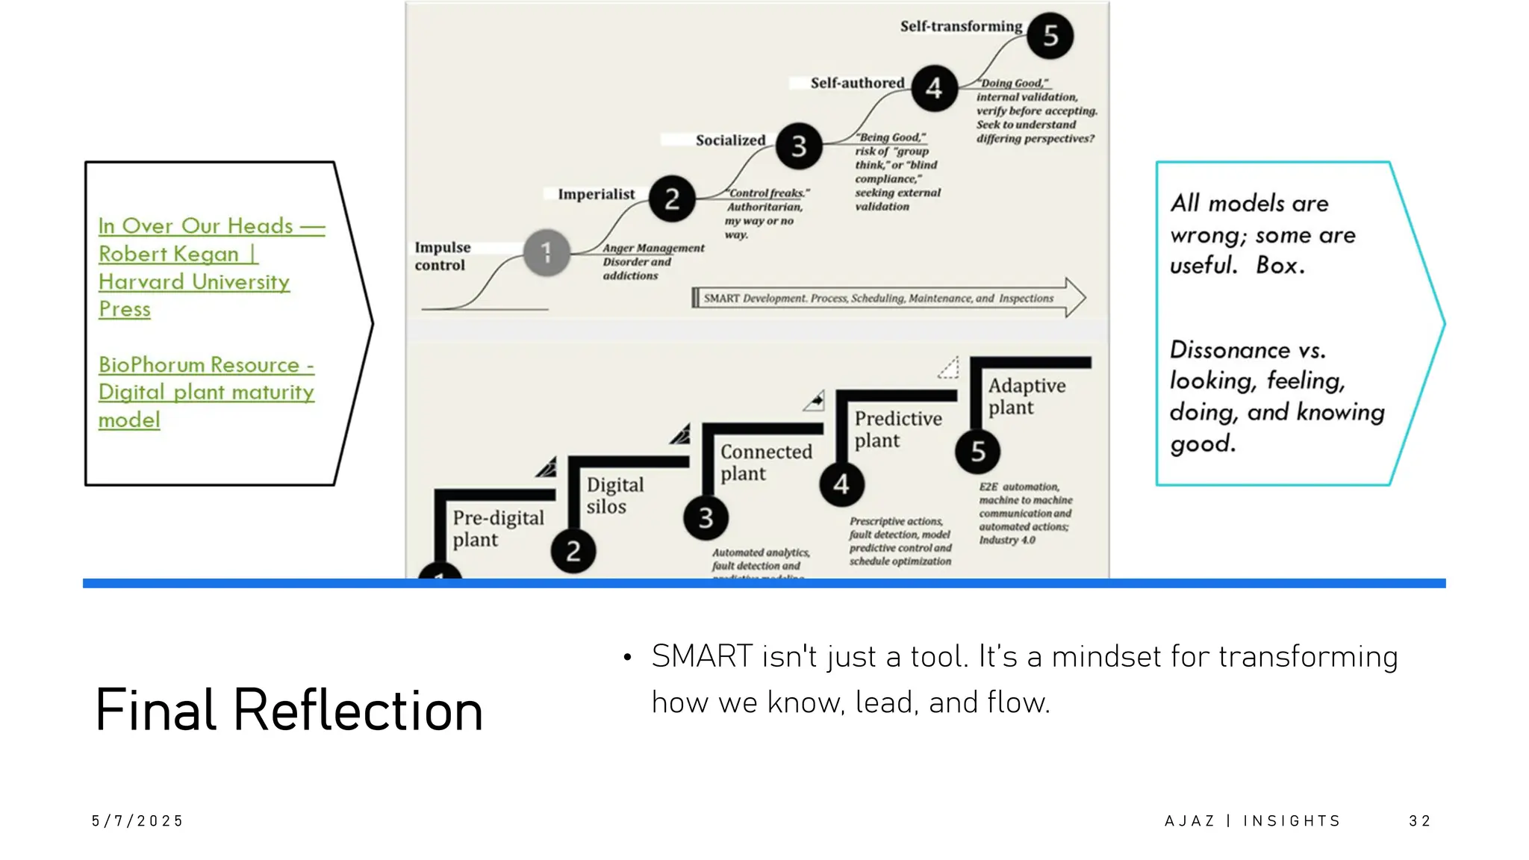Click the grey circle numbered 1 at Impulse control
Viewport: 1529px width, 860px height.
[x=546, y=252]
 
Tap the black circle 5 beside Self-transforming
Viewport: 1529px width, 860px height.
[x=1050, y=35]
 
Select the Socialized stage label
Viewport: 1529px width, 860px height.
[x=730, y=140]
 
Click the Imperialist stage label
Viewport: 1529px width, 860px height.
[x=596, y=194]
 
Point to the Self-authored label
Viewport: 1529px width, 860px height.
[x=857, y=83]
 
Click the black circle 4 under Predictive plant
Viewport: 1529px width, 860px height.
[x=841, y=484]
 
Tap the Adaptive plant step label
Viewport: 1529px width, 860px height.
[x=1026, y=396]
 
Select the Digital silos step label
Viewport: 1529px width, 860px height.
[x=614, y=495]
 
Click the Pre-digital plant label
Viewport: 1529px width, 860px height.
[x=497, y=528]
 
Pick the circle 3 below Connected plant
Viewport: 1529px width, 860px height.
[x=706, y=517]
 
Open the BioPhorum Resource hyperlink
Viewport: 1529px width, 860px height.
[x=206, y=392]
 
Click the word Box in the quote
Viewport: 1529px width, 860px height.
[x=1280, y=265]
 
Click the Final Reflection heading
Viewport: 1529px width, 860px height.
[x=289, y=709]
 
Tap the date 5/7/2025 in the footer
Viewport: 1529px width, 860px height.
[x=137, y=821]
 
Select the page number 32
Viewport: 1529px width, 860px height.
[x=1419, y=821]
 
